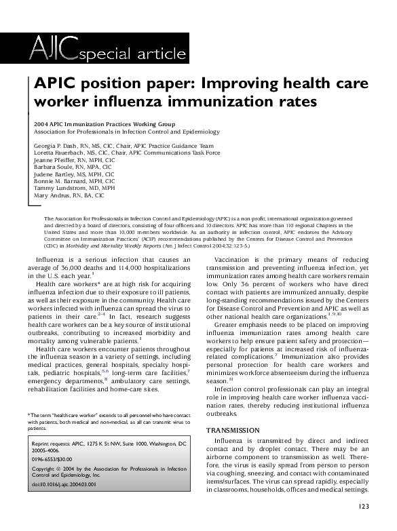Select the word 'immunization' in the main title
coord(237,102)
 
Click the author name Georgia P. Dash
coord(56,146)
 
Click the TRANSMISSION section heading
coord(232,430)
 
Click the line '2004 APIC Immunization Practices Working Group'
coord(104,124)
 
